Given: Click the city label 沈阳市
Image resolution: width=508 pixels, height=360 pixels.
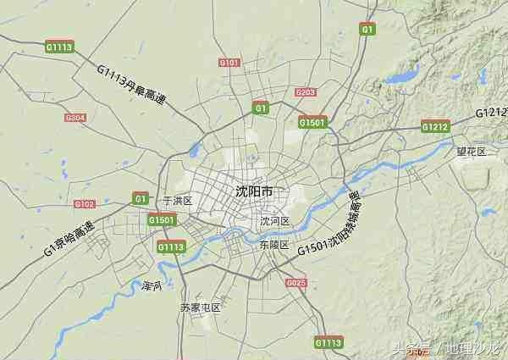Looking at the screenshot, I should click(x=254, y=192).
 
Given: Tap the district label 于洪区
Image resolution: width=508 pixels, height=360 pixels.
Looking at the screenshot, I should click(x=178, y=201).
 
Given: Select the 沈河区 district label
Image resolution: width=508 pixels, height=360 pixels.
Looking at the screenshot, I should click(x=275, y=221).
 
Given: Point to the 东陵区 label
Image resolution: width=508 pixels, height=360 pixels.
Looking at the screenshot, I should click(x=274, y=245).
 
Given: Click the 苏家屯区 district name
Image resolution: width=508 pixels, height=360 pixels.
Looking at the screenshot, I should click(x=200, y=307).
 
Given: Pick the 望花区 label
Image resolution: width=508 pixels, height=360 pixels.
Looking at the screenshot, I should click(x=472, y=152).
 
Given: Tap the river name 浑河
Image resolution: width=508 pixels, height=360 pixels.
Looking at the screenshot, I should click(x=152, y=285).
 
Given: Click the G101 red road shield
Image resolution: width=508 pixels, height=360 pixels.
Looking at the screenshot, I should click(x=229, y=63).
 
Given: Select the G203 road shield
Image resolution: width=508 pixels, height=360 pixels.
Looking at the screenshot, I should click(x=306, y=92).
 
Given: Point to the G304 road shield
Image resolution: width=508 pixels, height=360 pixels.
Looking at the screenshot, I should click(x=75, y=118).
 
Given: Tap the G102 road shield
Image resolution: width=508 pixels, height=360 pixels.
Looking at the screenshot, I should click(x=85, y=204).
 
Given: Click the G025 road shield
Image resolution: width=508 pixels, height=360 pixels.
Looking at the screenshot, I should click(x=295, y=283).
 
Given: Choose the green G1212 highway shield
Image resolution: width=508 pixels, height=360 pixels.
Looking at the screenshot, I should click(x=435, y=127).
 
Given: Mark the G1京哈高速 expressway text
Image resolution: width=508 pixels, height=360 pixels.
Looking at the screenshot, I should click(x=68, y=239).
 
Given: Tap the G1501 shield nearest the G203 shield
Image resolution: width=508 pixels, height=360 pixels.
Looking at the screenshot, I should click(x=312, y=123).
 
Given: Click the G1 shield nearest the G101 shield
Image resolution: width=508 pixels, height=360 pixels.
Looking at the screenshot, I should click(x=261, y=108).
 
